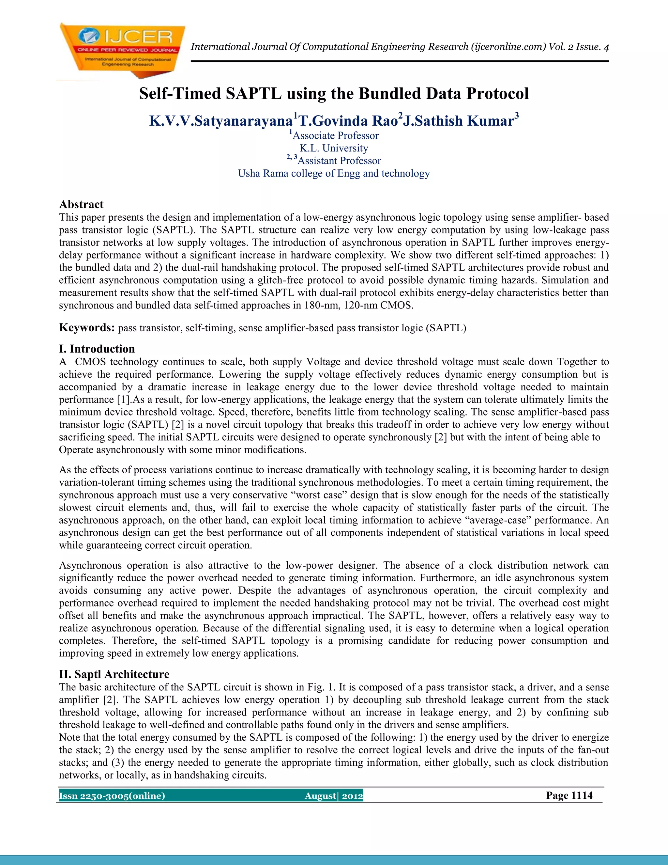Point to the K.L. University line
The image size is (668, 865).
[334, 148]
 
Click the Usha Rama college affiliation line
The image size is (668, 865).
[334, 173]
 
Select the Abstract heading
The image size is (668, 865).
[81, 204]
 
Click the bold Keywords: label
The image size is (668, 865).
[87, 328]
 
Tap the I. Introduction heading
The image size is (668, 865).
[97, 349]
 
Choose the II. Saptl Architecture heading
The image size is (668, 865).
[114, 674]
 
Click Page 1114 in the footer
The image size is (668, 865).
[569, 795]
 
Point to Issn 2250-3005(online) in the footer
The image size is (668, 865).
[112, 796]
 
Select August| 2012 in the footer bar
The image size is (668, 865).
[334, 796]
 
